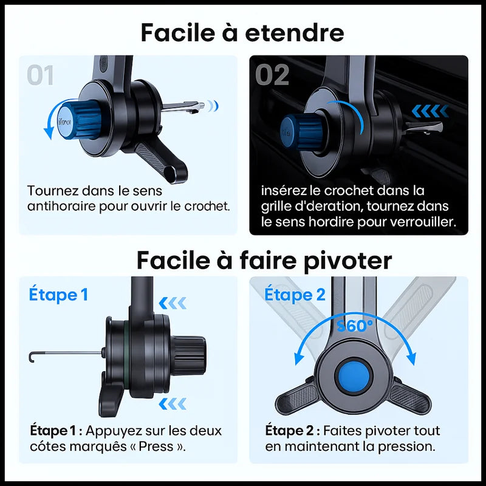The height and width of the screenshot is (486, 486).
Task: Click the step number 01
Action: coord(40,75)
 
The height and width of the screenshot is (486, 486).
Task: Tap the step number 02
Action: coord(272,75)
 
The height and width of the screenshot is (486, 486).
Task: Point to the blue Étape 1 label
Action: coord(58,294)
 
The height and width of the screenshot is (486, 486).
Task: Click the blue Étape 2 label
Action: coord(295,294)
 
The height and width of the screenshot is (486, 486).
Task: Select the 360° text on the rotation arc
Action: coord(355,326)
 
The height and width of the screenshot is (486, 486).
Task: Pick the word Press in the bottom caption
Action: coord(156,447)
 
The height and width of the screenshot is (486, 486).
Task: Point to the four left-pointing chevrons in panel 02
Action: coord(430,111)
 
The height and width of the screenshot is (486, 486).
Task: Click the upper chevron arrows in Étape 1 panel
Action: coord(173,303)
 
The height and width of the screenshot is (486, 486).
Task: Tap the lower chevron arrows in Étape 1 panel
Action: coord(173,404)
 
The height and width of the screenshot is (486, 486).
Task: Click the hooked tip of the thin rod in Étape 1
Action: coord(31,357)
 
